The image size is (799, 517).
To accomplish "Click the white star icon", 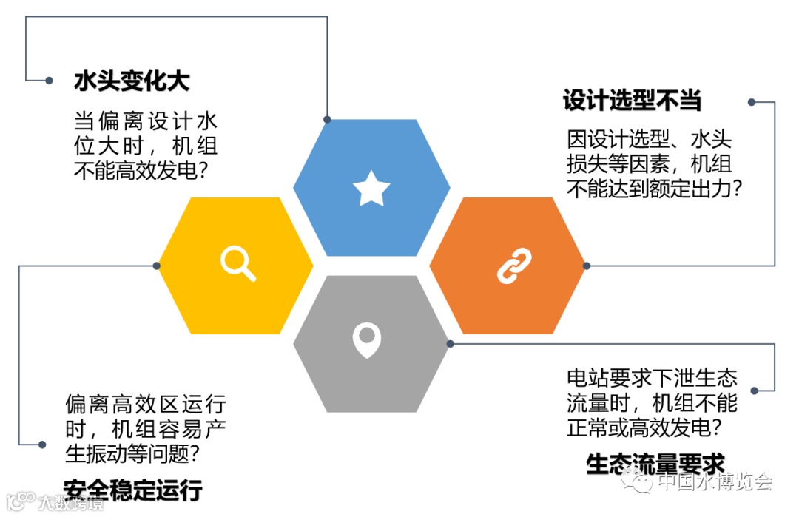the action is [x=371, y=189].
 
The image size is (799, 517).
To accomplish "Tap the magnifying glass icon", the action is [x=237, y=263].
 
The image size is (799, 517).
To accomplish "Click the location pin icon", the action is [x=366, y=339].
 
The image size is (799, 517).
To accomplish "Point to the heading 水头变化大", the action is [x=131, y=81].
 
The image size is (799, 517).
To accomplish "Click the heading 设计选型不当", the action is [x=631, y=101].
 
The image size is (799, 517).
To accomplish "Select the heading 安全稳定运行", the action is [x=132, y=490].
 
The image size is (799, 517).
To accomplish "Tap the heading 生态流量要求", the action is [x=655, y=464].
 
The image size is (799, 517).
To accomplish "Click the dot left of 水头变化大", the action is [x=49, y=80].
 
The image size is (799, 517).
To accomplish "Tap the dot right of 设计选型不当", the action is [x=752, y=102].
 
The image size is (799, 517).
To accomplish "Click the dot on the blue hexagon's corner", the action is [x=327, y=119].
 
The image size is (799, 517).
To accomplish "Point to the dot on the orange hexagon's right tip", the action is [x=587, y=266].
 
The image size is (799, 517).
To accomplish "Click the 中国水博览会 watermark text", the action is [x=715, y=483].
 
